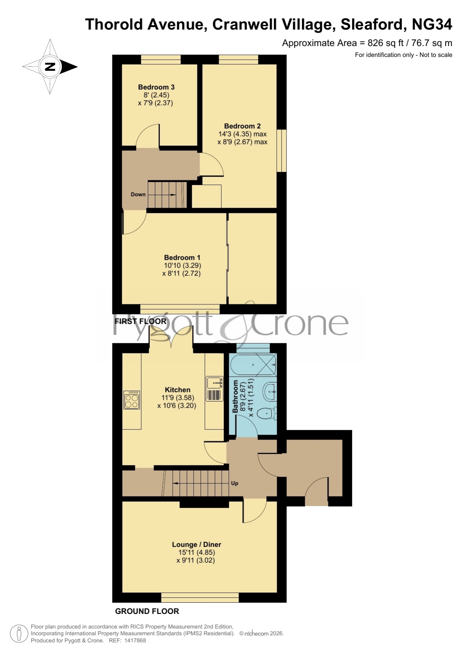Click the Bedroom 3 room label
[x=156, y=87]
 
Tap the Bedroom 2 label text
[x=242, y=126]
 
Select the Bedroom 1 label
[x=182, y=258]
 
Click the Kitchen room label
[x=178, y=390]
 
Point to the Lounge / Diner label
[x=197, y=544]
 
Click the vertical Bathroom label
[x=235, y=396]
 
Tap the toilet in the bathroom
[x=268, y=413]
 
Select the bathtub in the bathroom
[x=253, y=365]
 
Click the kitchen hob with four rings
[x=132, y=400]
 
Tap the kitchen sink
[x=215, y=383]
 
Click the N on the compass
[x=50, y=67]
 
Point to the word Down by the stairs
[x=138, y=194]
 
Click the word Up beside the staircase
[x=234, y=483]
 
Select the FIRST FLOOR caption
[x=140, y=321]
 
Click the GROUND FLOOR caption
[x=147, y=611]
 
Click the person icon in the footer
[x=19, y=634]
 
